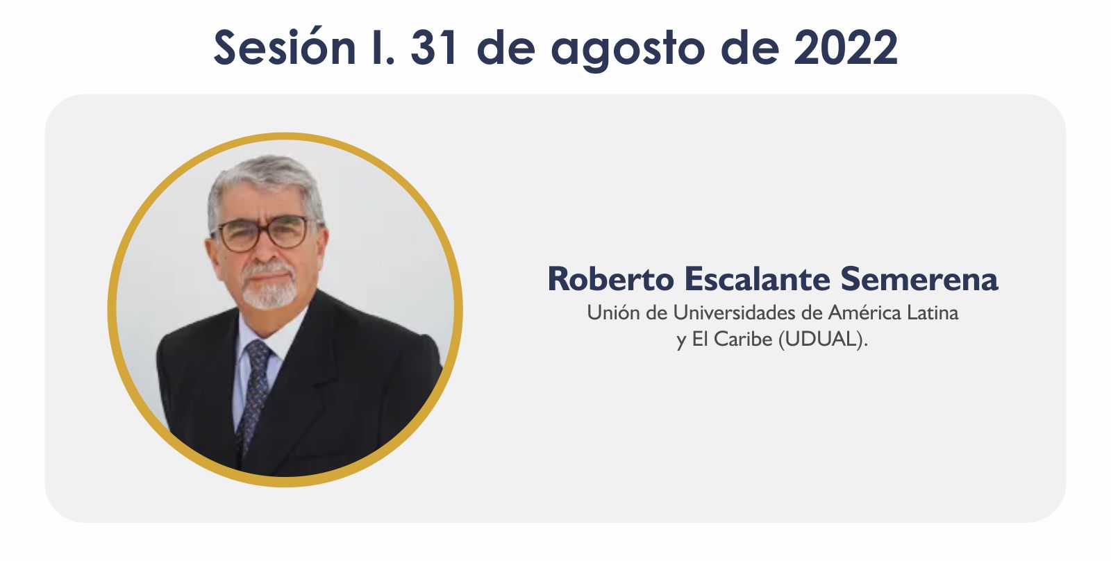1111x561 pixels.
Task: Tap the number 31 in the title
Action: (x=433, y=47)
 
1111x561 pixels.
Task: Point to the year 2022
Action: (x=846, y=47)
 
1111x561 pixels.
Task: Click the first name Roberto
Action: (x=610, y=278)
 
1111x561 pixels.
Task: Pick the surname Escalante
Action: (x=758, y=278)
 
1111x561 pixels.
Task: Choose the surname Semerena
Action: (x=919, y=278)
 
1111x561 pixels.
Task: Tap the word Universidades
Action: (x=733, y=312)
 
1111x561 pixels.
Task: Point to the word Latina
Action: (x=933, y=312)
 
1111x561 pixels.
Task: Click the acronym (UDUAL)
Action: (x=824, y=340)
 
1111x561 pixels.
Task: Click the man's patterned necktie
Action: (x=254, y=392)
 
